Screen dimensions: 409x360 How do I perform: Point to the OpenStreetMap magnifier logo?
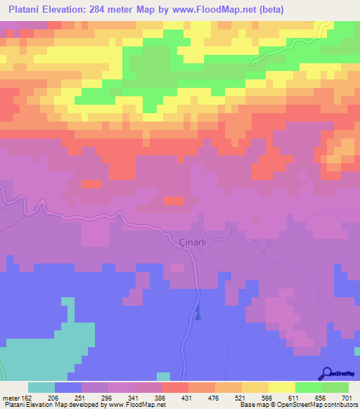click(326, 373)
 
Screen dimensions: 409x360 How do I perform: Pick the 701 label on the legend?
click(347, 397)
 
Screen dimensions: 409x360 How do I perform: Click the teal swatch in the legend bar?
click(41, 387)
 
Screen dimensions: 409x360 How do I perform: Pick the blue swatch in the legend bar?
click(68, 387)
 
